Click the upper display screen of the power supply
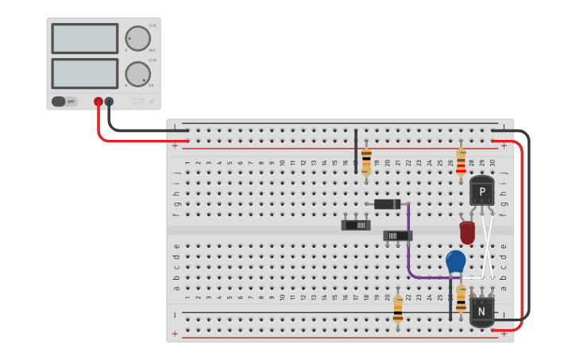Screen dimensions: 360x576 coord(84,38)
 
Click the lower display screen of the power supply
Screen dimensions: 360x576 coord(84,73)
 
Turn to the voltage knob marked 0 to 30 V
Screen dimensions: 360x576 coord(137,38)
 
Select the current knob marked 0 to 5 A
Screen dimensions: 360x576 coord(137,74)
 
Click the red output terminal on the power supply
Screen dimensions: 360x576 coord(99,102)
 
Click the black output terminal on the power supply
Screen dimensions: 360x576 coord(109,102)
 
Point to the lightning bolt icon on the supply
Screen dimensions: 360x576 coord(152,101)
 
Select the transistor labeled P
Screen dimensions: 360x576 coord(481,191)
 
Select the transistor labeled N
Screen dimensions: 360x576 coord(481,312)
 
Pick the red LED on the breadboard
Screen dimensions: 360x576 coord(467,233)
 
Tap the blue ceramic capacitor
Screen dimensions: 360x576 coord(455,261)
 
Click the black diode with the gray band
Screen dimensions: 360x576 coord(388,204)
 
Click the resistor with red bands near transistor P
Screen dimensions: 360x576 coord(461,161)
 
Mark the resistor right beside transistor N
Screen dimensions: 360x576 coord(461,298)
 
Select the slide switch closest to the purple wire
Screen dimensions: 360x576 coord(397,235)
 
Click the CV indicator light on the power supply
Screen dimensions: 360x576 coord(150,25)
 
